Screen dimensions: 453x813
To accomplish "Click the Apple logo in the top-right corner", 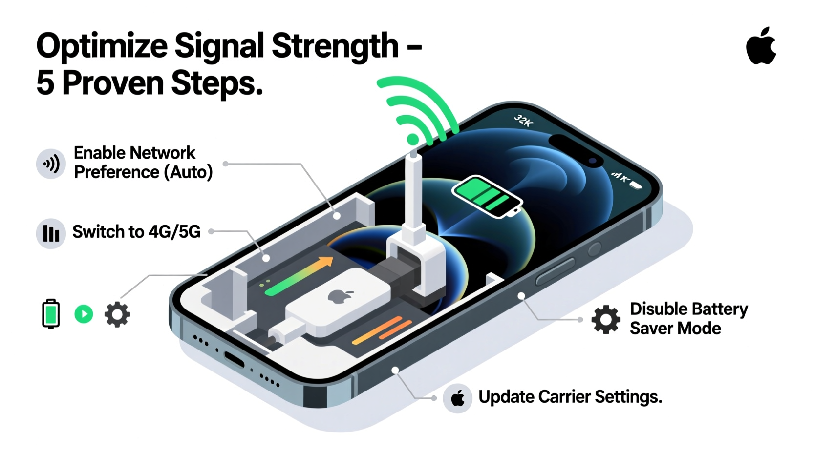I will pos(761,46).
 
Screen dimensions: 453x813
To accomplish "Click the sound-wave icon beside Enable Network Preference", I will pos(51,164).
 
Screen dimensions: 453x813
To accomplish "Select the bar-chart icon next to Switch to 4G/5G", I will pos(51,233).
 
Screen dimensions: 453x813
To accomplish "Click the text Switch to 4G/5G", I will pos(136,232).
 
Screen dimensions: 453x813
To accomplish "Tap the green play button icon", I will pos(84,314).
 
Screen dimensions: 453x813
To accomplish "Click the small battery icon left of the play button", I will pos(51,313).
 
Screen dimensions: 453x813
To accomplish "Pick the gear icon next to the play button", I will pos(117,314).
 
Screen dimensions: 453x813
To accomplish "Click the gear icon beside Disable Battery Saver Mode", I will pos(606,319).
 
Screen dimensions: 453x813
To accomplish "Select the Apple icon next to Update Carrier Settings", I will pos(457,398).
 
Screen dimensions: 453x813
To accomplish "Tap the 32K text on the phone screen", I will pos(523,120).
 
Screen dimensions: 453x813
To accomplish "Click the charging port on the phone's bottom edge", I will pos(235,360).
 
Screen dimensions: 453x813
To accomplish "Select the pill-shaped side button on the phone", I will pos(555,272).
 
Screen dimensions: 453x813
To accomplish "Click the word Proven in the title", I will pos(113,83).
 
